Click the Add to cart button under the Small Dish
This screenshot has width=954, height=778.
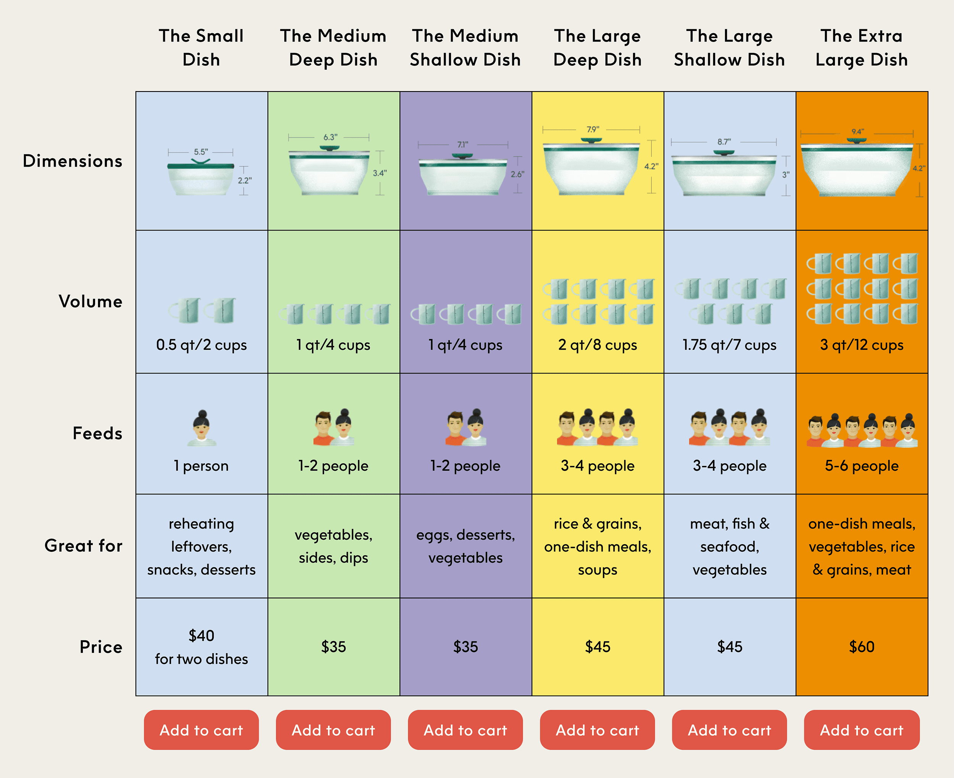click(x=201, y=730)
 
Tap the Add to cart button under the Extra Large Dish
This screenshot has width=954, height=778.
click(x=861, y=730)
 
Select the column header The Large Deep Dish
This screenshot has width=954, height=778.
click(x=597, y=48)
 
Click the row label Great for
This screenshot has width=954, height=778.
click(x=84, y=545)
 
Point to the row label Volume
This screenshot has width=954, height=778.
click(x=90, y=301)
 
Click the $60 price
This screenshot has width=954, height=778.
click(x=861, y=646)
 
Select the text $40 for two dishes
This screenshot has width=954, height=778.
click(x=201, y=647)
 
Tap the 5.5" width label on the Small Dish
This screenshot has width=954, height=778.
click(x=201, y=152)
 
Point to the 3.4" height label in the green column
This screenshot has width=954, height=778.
click(x=380, y=173)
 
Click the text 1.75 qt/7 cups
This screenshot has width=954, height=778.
click(x=729, y=345)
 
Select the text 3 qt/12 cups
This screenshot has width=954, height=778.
click(x=861, y=345)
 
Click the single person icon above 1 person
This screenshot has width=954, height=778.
click(x=201, y=428)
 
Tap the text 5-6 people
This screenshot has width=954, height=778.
click(x=861, y=466)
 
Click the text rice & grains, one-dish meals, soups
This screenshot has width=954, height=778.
click(x=597, y=546)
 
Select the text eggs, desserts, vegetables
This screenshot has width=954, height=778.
click(x=465, y=546)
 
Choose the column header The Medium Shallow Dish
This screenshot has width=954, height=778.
click(x=465, y=48)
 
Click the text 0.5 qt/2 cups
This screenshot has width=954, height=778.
click(x=201, y=345)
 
